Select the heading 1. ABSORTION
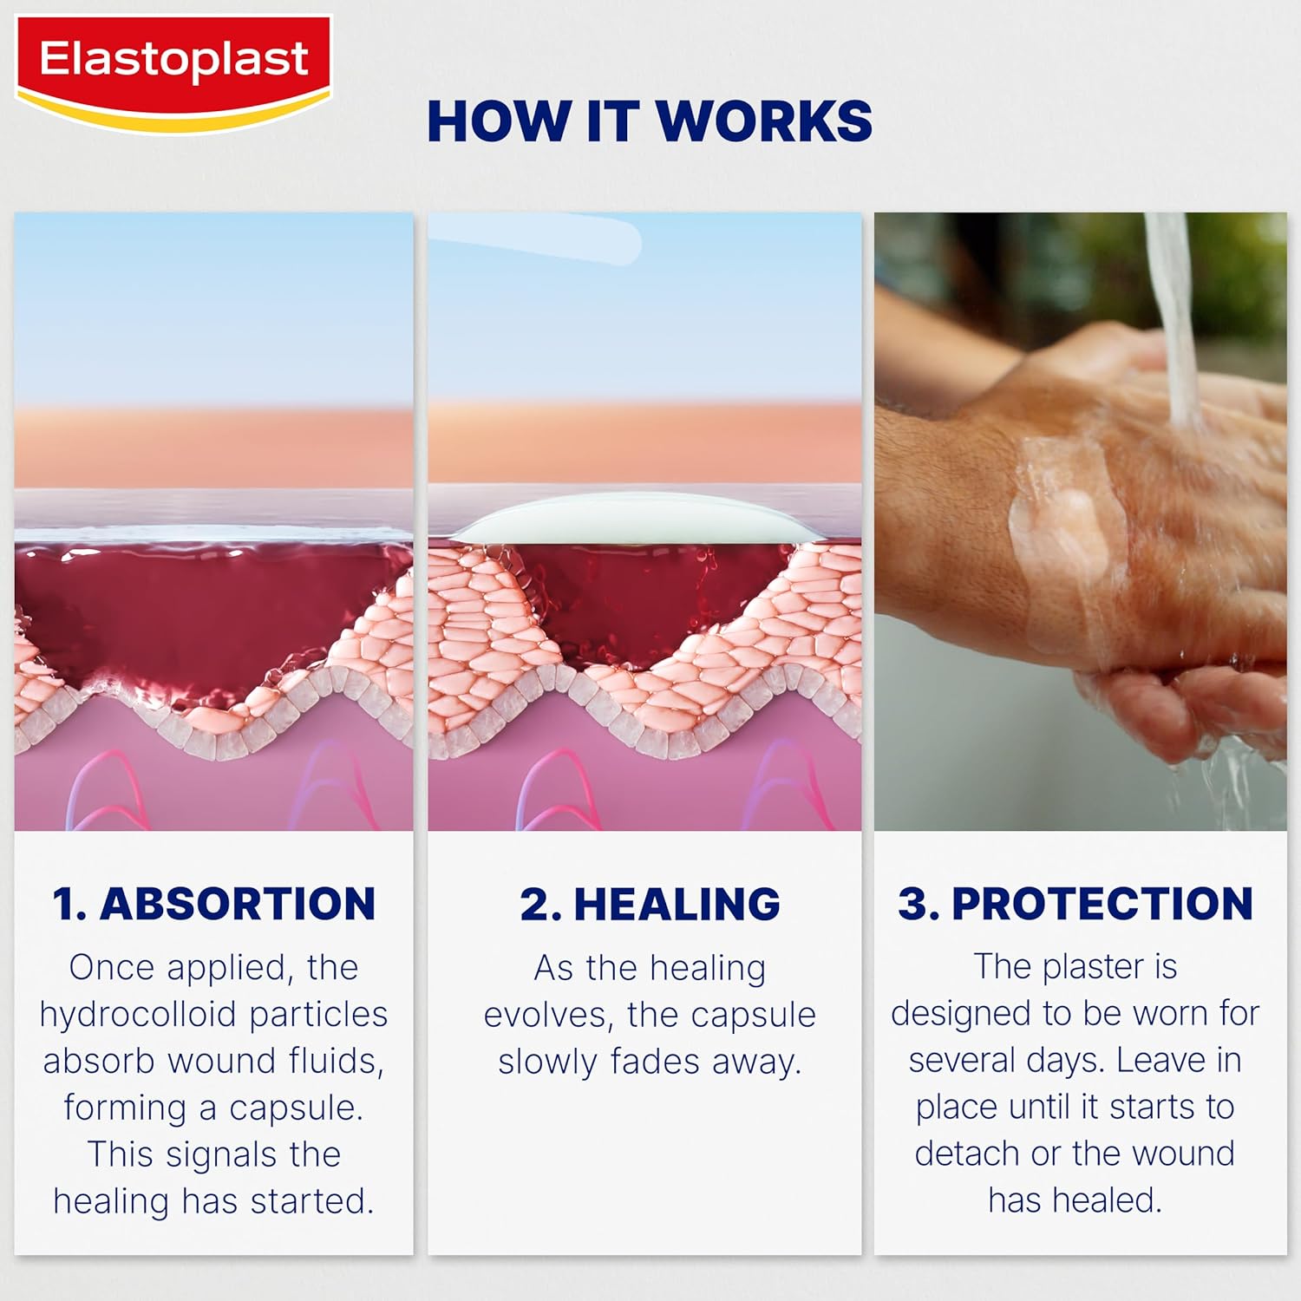(213, 904)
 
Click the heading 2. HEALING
(650, 904)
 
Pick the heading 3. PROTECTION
(1075, 904)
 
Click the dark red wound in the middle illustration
(659, 598)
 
